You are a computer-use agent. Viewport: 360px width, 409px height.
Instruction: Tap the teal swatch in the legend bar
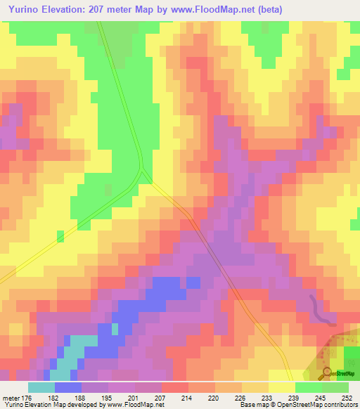click(41, 387)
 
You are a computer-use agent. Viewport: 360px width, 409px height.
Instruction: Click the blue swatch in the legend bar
click(68, 387)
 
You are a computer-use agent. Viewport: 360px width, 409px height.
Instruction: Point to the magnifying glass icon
click(327, 373)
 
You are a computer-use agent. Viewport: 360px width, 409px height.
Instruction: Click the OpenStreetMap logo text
click(345, 375)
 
